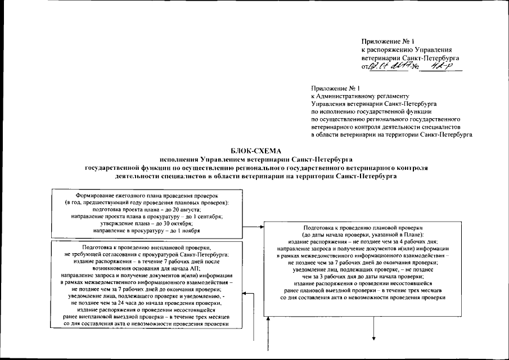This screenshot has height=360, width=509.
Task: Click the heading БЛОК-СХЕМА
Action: pyautogui.click(x=255, y=151)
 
